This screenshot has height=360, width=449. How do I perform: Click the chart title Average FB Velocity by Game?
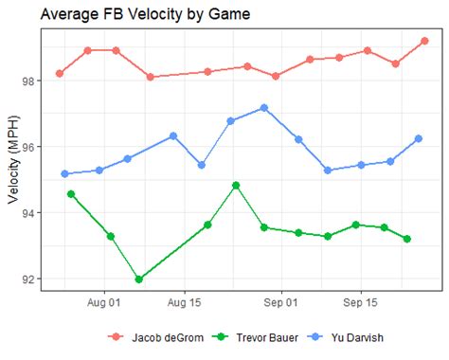[133, 15]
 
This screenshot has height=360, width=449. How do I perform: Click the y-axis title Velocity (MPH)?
[14, 165]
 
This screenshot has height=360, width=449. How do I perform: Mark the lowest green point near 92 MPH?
[139, 279]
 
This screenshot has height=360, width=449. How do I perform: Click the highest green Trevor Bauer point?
[236, 186]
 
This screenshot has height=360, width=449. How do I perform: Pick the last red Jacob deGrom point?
[424, 41]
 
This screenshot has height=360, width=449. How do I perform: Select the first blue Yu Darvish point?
[64, 174]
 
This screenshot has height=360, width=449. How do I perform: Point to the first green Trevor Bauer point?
[71, 194]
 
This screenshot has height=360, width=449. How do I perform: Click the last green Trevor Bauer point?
[407, 239]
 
